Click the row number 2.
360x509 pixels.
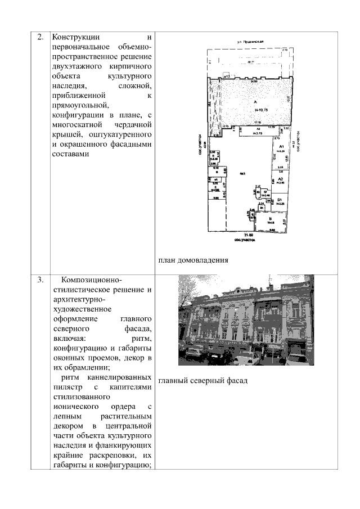pos(40,38)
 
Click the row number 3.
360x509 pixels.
pos(40,280)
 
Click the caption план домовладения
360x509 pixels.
pos(192,260)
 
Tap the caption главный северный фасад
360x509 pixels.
pos(202,381)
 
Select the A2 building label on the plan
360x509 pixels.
pos(280,176)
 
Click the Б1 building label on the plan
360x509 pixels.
pos(278,200)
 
